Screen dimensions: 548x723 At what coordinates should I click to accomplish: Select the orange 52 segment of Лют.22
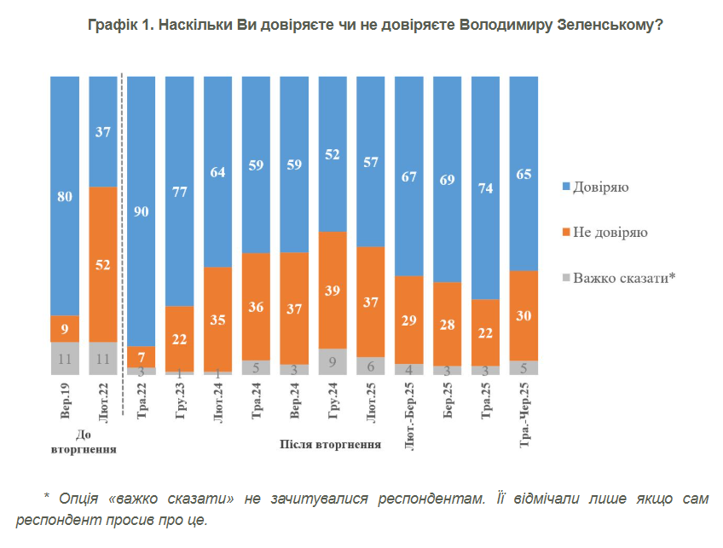[102, 264]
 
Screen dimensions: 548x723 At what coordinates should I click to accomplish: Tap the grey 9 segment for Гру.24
[333, 361]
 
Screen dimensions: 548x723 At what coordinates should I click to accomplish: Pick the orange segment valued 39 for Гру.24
[333, 290]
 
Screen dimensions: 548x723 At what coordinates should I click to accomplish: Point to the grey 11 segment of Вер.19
[65, 358]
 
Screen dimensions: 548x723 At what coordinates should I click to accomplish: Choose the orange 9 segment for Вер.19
[65, 328]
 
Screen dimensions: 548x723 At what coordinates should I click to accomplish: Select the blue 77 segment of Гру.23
[179, 191]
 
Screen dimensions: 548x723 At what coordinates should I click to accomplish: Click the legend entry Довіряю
[601, 186]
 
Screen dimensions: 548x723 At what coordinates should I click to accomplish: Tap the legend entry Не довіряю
[610, 232]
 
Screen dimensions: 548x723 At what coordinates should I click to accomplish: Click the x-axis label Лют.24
[218, 405]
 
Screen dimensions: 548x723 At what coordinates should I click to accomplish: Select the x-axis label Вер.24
[295, 405]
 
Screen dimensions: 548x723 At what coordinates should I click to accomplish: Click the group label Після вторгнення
[330, 444]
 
